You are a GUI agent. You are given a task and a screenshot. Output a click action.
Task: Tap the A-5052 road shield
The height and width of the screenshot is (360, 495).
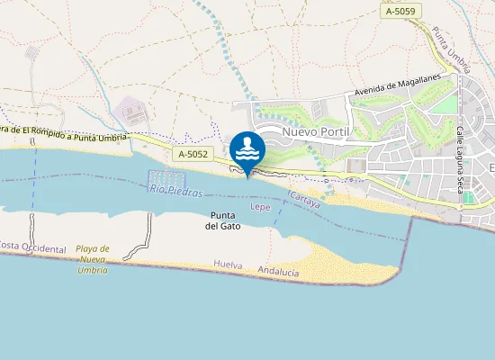(x=193, y=155)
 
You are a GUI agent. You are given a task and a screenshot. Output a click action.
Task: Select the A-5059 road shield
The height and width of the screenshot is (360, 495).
(x=401, y=12)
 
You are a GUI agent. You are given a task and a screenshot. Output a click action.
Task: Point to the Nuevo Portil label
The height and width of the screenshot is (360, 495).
(x=315, y=132)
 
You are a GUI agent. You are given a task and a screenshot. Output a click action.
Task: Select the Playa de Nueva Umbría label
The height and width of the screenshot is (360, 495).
(x=93, y=259)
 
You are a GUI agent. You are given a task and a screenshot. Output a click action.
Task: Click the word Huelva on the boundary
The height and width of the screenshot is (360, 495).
(x=229, y=265)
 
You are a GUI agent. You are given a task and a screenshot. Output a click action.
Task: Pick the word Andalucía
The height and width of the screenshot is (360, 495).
(x=278, y=270)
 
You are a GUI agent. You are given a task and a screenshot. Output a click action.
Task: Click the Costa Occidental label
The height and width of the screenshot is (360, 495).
(x=32, y=247)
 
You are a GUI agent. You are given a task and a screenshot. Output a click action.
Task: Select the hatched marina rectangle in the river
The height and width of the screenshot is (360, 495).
(x=166, y=179)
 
